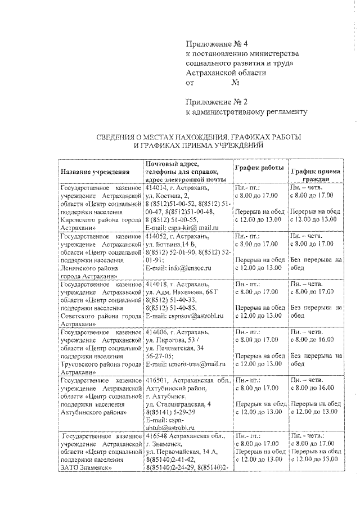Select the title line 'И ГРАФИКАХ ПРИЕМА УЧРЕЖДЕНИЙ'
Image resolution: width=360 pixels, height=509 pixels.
pos(197,146)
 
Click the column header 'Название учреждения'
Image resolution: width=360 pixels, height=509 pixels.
pos(96,171)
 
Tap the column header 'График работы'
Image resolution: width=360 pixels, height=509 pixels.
pos(259,168)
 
